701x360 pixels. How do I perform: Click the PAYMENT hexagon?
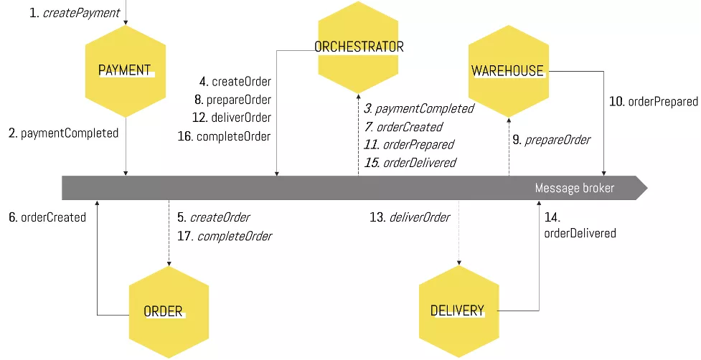[126, 70]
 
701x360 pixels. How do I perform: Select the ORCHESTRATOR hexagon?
[359, 47]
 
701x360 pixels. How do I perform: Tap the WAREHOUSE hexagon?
[508, 70]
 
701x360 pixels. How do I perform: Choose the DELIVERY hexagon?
[458, 311]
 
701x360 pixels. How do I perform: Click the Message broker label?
[574, 188]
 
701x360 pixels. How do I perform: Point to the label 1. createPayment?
[75, 13]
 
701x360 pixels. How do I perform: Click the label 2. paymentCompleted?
[63, 133]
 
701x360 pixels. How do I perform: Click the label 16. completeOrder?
[224, 136]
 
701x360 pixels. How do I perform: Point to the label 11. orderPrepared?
[409, 144]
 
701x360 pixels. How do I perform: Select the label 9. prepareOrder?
[551, 140]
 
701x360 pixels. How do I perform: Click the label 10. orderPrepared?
[653, 102]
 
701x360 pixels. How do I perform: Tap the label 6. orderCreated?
[47, 217]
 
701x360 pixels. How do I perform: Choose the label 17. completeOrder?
[225, 235]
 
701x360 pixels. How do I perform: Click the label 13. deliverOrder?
[410, 217]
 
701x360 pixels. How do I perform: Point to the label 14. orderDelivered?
[580, 225]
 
